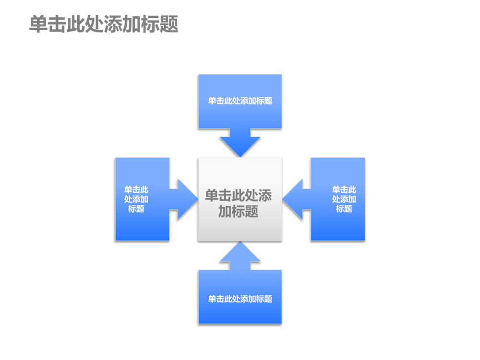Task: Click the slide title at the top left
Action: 104,24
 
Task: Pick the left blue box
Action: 142,226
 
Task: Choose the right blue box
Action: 337,226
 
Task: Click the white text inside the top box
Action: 240,101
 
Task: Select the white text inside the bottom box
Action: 240,299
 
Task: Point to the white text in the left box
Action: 136,199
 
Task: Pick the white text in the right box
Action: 344,199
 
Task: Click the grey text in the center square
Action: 239,203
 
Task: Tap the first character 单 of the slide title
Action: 37,24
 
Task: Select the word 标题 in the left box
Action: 136,209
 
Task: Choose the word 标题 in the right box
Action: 344,209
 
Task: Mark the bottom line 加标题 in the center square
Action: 239,211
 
